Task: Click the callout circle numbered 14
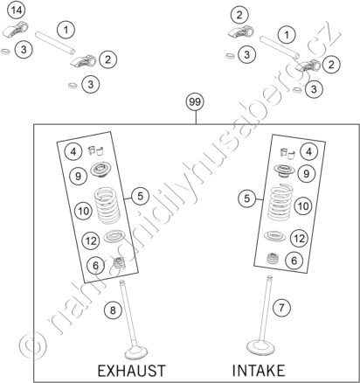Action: pyautogui.click(x=17, y=10)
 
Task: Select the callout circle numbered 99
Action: pyautogui.click(x=195, y=102)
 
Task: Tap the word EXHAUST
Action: pyautogui.click(x=131, y=371)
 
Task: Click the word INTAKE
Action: pyautogui.click(x=259, y=371)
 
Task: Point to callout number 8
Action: pyautogui.click(x=113, y=310)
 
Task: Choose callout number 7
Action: pyautogui.click(x=281, y=308)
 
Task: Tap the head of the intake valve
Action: pyautogui.click(x=260, y=347)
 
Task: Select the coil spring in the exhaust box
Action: pyautogui.click(x=107, y=205)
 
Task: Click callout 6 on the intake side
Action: pyautogui.click(x=294, y=260)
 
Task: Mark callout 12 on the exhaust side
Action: pyautogui.click(x=91, y=240)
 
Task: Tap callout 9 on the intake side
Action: pyautogui.click(x=307, y=174)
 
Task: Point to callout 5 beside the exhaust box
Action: pyautogui.click(x=140, y=196)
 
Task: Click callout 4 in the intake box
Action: pyautogui.click(x=309, y=151)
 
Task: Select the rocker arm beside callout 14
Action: pyautogui.click(x=17, y=30)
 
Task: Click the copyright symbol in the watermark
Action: pyautogui.click(x=32, y=346)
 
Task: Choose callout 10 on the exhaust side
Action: pyautogui.click(x=83, y=211)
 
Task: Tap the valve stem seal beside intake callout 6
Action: pyautogui.click(x=273, y=258)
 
